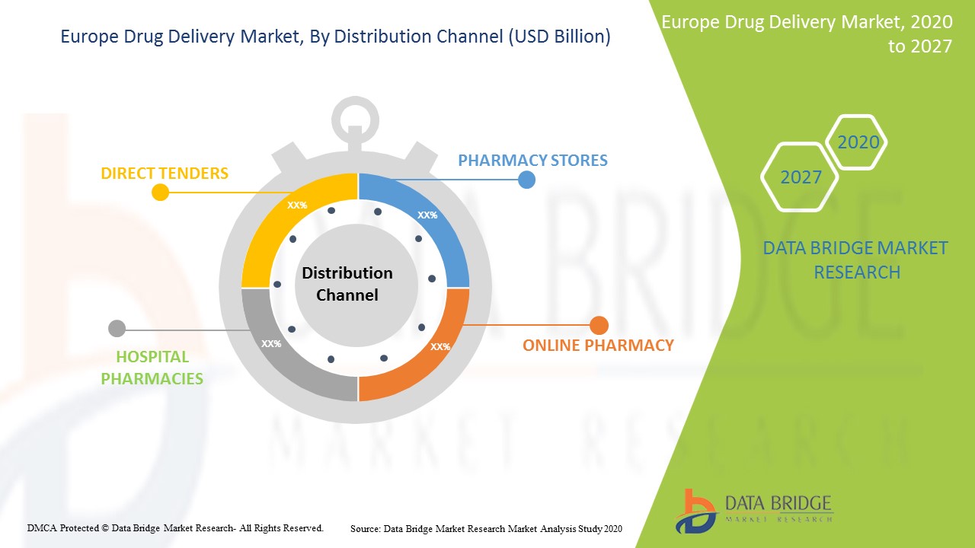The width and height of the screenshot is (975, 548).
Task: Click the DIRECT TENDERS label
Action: click(x=165, y=174)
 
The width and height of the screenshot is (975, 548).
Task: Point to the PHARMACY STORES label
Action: click(x=532, y=161)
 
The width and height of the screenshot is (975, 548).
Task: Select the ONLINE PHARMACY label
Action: click(x=598, y=346)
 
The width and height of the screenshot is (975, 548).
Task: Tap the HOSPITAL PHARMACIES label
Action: click(x=152, y=368)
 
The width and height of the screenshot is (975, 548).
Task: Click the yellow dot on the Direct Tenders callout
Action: click(x=160, y=193)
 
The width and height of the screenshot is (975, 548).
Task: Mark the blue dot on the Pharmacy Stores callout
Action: click(x=526, y=180)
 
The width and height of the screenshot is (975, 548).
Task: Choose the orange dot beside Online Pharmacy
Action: click(x=599, y=325)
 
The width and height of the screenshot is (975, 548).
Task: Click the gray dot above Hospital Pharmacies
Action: click(x=117, y=329)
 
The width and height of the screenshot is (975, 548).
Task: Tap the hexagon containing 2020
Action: click(x=858, y=142)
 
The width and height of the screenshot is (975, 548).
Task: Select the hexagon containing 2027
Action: click(x=801, y=177)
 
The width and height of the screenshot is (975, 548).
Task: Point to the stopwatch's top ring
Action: click(x=355, y=119)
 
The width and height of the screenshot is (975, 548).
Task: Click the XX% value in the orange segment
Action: click(x=440, y=347)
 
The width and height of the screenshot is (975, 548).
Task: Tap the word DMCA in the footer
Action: click(x=43, y=527)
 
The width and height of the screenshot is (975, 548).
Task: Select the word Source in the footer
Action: click(x=365, y=528)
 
